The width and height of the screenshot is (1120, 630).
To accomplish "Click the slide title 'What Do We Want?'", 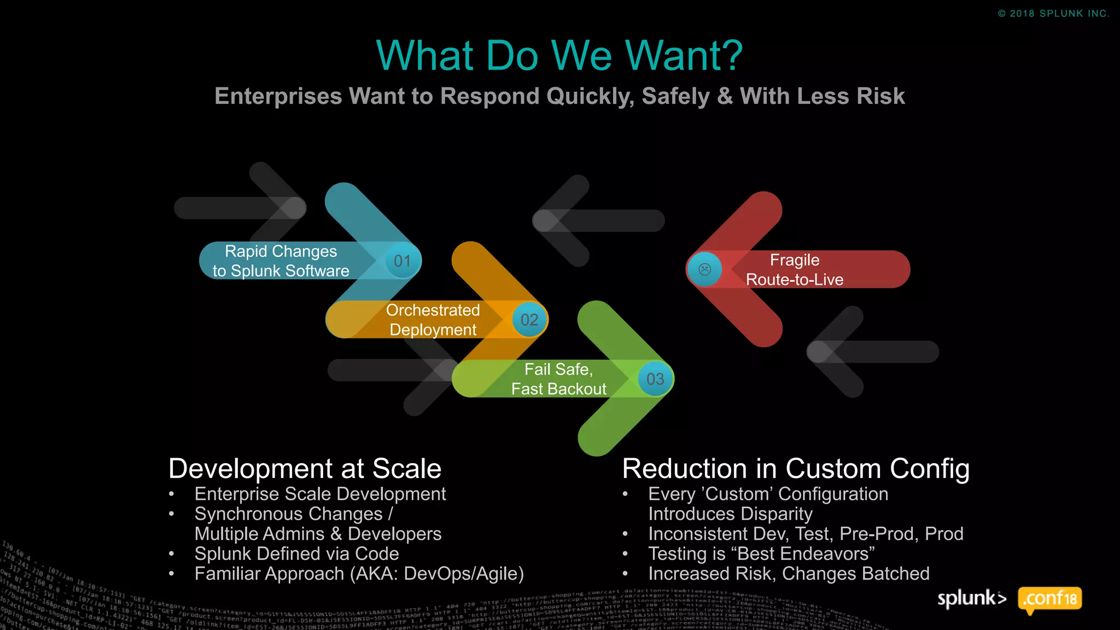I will tap(559, 56).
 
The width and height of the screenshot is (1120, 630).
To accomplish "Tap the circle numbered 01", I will tap(402, 261).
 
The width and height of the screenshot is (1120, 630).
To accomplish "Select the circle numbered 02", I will tap(529, 320).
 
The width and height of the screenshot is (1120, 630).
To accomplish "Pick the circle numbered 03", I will tap(655, 379).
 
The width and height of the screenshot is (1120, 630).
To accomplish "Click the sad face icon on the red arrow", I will tap(705, 269).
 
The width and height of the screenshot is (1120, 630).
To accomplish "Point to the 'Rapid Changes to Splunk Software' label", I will tap(281, 261).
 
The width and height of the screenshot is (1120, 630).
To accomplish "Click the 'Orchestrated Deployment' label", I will tap(433, 320).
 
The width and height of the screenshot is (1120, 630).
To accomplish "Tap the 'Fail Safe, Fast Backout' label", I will tap(558, 379).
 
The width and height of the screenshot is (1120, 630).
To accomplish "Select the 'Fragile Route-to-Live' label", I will tap(795, 270).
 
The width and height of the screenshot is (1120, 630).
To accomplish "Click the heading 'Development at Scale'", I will tap(305, 469).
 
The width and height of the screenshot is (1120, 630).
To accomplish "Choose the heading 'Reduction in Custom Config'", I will tap(796, 469).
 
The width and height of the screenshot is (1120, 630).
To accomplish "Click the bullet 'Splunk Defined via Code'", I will tap(296, 553).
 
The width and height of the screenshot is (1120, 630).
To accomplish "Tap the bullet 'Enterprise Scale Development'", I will tap(320, 494).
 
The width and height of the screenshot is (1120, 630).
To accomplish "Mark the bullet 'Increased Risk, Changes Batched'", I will tap(789, 574).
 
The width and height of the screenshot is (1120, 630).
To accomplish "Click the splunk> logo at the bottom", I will tap(972, 598).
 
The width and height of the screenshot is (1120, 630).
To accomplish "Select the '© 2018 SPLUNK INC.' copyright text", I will tap(1053, 14).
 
